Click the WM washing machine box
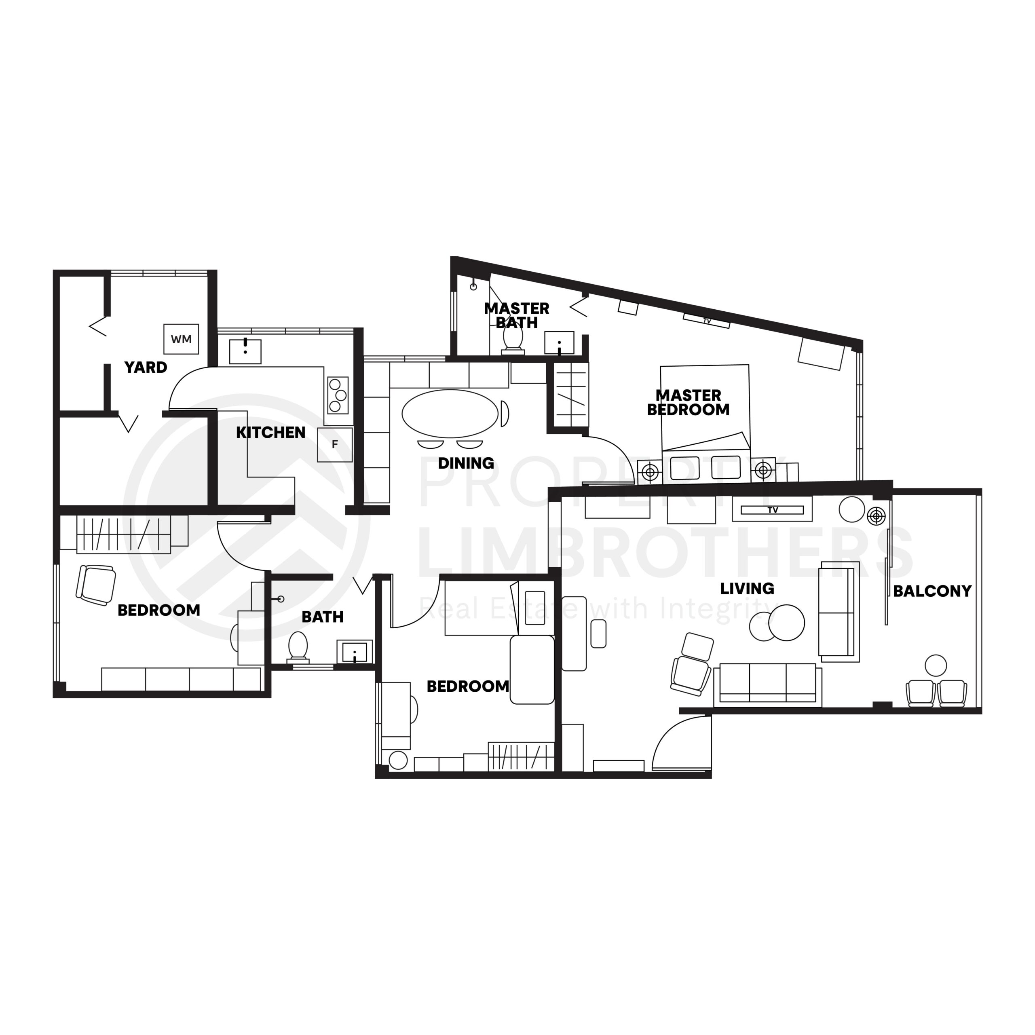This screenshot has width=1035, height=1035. pos(181,339)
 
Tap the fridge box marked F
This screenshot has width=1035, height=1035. pos(335,445)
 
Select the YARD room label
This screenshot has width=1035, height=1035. pos(146,368)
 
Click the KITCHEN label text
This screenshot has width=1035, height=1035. pos(270,432)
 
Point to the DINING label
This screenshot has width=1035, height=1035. pos(465,463)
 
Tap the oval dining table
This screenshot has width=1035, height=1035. pos(450,414)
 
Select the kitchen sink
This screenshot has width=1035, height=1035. pos(245,351)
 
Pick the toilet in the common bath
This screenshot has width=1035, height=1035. pos(298,646)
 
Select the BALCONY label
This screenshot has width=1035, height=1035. pos(932,591)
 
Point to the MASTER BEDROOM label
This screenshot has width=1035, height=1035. pos(689,402)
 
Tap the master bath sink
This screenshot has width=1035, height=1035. pos(559,342)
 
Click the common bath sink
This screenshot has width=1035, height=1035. pos(355,652)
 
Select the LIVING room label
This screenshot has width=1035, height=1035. pos(747,589)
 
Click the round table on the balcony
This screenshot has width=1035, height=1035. pos(936,665)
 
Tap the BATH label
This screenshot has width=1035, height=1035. pos(323,617)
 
